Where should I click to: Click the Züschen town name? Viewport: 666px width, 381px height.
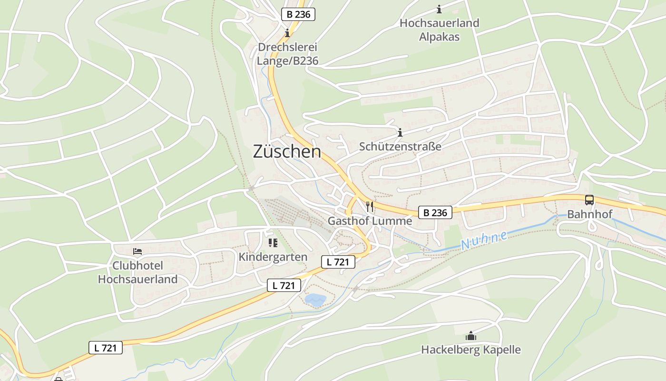point(287,152)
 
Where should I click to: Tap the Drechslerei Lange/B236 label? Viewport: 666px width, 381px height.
point(287,54)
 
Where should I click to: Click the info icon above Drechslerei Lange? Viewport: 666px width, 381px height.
point(287,33)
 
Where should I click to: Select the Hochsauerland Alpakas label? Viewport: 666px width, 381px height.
point(439,30)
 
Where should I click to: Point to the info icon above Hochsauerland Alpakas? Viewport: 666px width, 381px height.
point(439,9)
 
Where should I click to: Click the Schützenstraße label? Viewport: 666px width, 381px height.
point(400,146)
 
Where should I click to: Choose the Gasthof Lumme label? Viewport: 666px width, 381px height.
point(370,221)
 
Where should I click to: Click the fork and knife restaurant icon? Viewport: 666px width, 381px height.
point(370,207)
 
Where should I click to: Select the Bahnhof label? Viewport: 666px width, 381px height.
point(589,214)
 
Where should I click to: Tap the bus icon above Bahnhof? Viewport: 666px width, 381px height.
point(589,200)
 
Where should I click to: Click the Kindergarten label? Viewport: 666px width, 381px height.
point(273,257)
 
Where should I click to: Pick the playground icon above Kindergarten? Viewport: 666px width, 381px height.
point(273,243)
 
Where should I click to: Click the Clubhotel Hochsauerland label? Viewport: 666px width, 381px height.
point(137,272)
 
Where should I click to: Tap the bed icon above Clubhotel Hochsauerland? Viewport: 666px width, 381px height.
point(137,251)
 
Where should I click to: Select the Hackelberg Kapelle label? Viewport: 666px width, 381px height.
point(470,350)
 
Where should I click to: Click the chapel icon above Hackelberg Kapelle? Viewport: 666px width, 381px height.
point(471,336)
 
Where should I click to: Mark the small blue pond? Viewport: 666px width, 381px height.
point(315,300)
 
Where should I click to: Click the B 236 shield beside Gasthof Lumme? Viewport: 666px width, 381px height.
point(435,212)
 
